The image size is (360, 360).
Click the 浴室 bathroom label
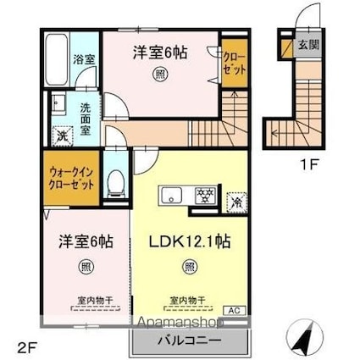pos(86,61)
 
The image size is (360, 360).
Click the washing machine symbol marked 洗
pos(62,136)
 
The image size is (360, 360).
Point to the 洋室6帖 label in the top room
pos(159,53)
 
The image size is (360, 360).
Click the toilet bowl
pos(116,182)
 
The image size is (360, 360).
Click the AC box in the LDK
pos(234,311)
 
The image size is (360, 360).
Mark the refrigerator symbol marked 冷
pos(235,202)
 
